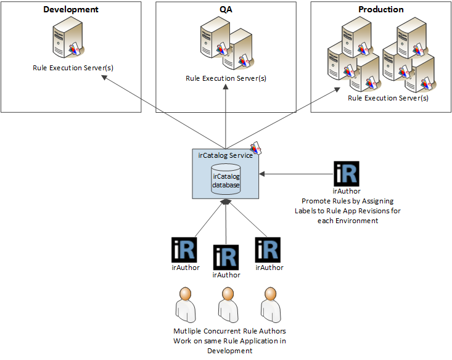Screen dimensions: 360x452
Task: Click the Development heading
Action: [x=71, y=10]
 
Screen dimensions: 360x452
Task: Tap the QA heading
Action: [x=226, y=10]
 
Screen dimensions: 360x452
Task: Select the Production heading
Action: [x=380, y=10]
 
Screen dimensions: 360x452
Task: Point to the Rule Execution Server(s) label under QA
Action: [x=226, y=78]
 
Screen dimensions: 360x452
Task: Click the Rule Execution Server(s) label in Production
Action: [x=388, y=98]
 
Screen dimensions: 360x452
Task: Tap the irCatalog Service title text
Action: [x=225, y=155]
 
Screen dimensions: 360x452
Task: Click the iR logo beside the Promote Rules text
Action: [x=346, y=174]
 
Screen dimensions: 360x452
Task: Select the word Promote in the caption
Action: [x=314, y=201]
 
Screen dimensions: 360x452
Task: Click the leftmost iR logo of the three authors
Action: [x=184, y=250]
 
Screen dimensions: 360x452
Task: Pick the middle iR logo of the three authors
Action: [x=226, y=257]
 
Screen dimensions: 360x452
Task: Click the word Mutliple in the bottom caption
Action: [x=187, y=332]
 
